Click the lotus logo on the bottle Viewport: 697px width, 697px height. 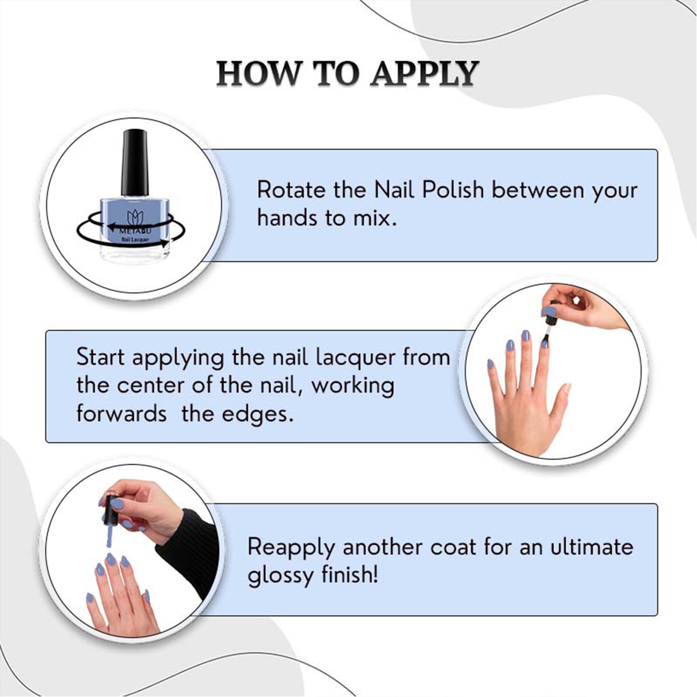(x=135, y=218)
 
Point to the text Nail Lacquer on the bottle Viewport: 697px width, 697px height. (x=135, y=239)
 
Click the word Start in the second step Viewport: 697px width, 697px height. (x=100, y=357)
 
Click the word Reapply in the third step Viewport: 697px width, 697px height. (x=291, y=548)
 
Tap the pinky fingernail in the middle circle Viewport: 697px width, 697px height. (x=491, y=364)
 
